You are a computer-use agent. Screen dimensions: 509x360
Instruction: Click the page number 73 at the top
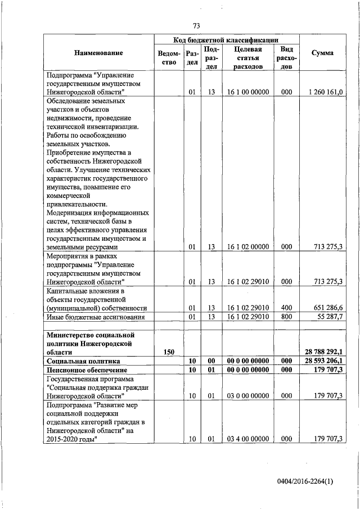coord(197,26)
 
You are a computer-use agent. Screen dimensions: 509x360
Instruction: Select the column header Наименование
coord(98,53)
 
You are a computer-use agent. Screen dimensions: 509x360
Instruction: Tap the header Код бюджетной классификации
coord(226,40)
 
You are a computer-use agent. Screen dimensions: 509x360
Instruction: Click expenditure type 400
coord(286,308)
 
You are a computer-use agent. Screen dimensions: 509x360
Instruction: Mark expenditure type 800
coord(286,317)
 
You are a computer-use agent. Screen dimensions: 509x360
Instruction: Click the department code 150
coord(169,352)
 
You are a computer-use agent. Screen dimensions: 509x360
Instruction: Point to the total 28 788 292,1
coord(324,352)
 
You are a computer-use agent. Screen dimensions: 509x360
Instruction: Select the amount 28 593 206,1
coord(324,361)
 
